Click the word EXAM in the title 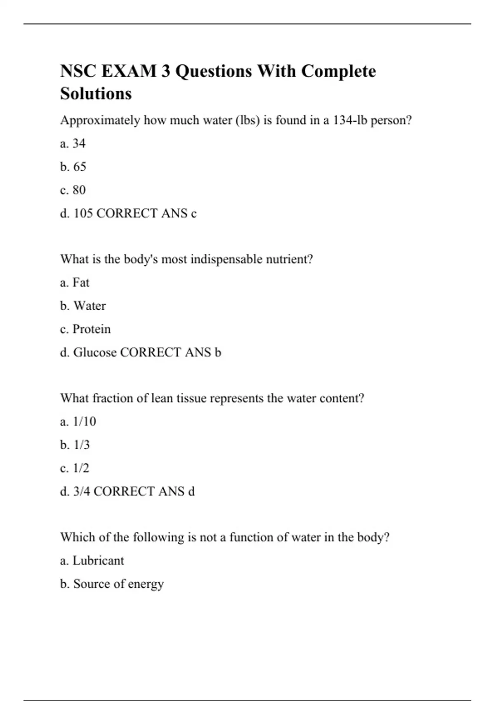[x=129, y=71]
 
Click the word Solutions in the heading [x=96, y=94]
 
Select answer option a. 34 [x=73, y=143]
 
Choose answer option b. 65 [x=73, y=167]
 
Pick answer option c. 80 [x=73, y=190]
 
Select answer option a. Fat [x=75, y=282]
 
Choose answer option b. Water [x=83, y=306]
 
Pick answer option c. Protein [x=85, y=329]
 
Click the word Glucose [x=94, y=353]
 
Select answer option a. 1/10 [x=78, y=421]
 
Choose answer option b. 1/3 [x=75, y=445]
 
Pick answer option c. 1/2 [x=75, y=468]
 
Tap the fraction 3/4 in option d [x=81, y=492]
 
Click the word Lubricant [x=98, y=561]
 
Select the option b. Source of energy [x=112, y=584]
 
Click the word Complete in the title [x=338, y=71]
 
